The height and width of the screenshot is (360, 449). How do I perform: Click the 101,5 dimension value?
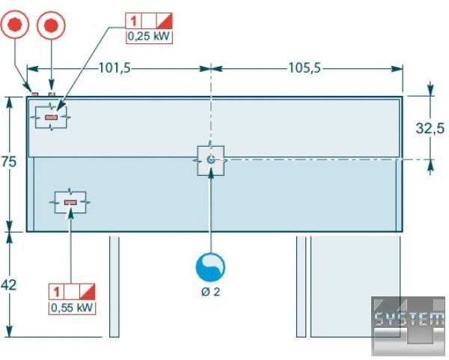(114, 68)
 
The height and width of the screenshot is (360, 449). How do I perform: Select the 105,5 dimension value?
(305, 68)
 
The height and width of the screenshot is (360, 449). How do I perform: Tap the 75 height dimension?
(10, 163)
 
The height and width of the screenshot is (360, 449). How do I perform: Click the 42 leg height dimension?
(10, 284)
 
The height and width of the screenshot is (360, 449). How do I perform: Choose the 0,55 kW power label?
(73, 306)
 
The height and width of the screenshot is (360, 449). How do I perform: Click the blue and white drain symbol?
(210, 266)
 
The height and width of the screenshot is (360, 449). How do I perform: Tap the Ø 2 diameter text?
(210, 292)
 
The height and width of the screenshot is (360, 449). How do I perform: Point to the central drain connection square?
(211, 159)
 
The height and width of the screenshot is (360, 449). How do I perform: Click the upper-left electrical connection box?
(51, 118)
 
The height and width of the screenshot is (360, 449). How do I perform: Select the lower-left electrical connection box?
(70, 202)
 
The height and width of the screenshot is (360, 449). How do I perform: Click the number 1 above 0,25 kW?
(132, 20)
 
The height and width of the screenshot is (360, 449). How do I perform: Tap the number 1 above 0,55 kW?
(58, 291)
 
